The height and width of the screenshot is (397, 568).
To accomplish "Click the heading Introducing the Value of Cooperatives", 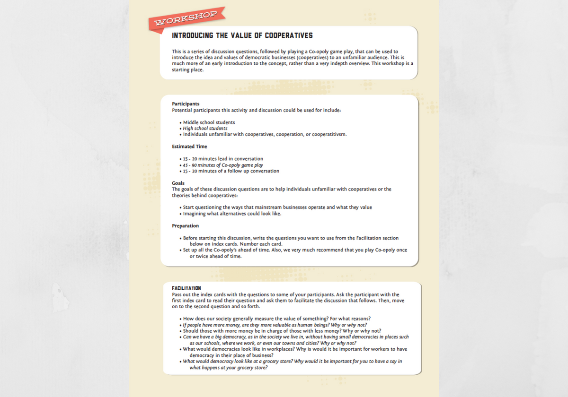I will click(242, 36).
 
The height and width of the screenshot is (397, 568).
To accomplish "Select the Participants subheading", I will click(186, 104).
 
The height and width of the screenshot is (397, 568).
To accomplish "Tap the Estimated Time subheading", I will click(189, 147).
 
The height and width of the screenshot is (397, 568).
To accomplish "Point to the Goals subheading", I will click(178, 183).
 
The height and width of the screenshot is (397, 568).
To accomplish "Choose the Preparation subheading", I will click(185, 226).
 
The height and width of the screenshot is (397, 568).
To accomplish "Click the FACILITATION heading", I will click(186, 288).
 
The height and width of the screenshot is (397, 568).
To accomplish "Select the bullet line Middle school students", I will click(209, 122).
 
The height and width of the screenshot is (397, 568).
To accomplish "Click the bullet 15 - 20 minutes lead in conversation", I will click(223, 159).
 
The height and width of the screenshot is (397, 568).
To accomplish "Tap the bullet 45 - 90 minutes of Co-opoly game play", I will click(223, 165).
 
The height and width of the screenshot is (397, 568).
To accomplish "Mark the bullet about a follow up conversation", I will click(231, 171).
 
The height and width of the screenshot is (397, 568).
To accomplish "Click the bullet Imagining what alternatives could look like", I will click(232, 214).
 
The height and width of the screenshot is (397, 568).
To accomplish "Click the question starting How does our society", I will click(277, 319).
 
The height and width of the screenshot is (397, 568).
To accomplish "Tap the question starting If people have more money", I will click(275, 325).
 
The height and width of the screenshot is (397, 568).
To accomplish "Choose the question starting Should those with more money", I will click(282, 331).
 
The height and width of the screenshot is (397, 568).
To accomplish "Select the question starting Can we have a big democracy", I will click(296, 337).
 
